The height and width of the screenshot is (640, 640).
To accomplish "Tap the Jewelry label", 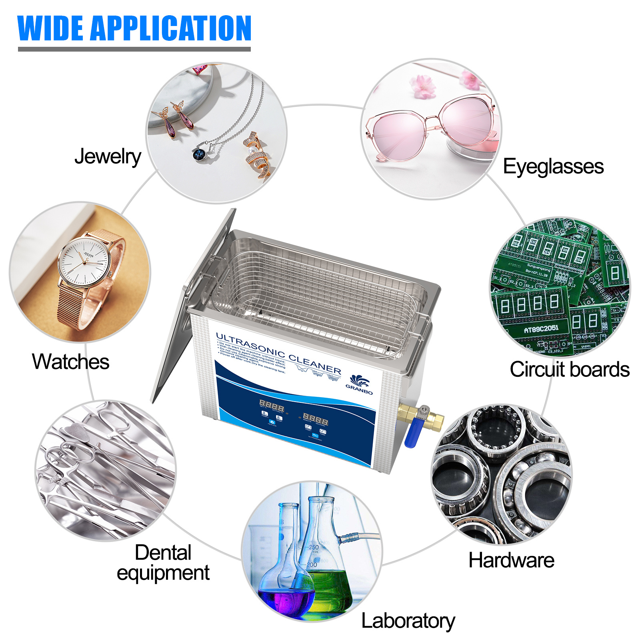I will tap(108, 156).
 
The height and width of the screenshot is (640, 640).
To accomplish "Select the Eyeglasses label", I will tap(553, 166).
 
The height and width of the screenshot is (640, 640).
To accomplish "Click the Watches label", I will tap(70, 362).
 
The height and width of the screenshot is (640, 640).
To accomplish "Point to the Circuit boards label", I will tap(569, 369).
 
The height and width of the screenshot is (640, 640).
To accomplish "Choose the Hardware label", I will tap(511, 560).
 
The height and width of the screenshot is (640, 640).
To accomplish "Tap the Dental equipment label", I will tap(163, 563).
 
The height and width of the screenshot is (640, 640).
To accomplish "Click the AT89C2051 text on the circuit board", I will tap(541, 329).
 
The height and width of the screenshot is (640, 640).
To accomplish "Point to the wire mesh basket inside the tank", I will tap(316, 296).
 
